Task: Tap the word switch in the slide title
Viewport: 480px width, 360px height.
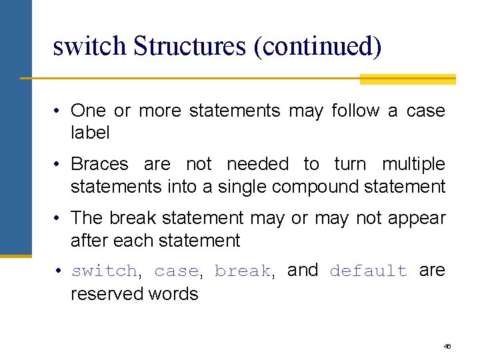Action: tap(89, 46)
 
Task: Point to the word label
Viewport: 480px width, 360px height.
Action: tap(90, 133)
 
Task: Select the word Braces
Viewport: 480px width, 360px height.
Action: tap(99, 164)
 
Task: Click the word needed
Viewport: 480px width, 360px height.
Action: tap(257, 164)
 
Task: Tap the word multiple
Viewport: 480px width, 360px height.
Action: tap(413, 164)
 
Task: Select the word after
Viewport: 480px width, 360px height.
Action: tap(89, 240)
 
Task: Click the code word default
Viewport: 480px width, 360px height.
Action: tap(368, 271)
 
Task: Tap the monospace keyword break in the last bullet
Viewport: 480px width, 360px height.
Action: tap(242, 271)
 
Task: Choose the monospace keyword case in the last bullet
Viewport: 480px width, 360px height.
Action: tap(176, 271)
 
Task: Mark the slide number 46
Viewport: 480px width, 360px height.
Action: tap(447, 347)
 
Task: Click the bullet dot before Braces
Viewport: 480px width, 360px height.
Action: tap(59, 165)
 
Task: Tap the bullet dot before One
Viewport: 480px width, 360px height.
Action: tap(59, 111)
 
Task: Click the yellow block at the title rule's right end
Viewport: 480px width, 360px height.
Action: tap(407, 79)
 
